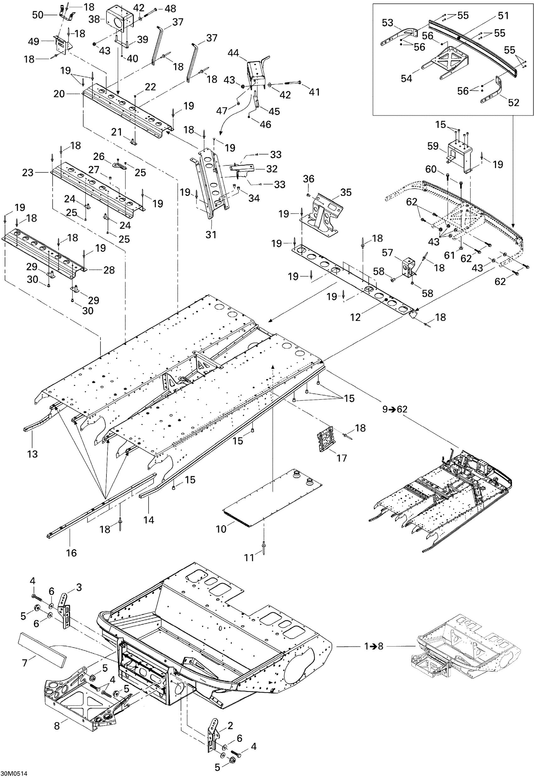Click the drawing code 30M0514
click(14, 774)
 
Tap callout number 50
click(38, 15)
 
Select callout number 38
click(94, 19)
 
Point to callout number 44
click(233, 52)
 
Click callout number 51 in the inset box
click(503, 16)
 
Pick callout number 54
click(406, 78)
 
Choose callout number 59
click(433, 146)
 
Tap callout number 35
click(346, 192)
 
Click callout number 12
click(355, 317)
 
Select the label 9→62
click(395, 409)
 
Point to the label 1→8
click(374, 646)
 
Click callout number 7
click(25, 663)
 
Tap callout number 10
click(221, 529)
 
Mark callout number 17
click(342, 458)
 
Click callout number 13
click(32, 454)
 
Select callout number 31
click(211, 235)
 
